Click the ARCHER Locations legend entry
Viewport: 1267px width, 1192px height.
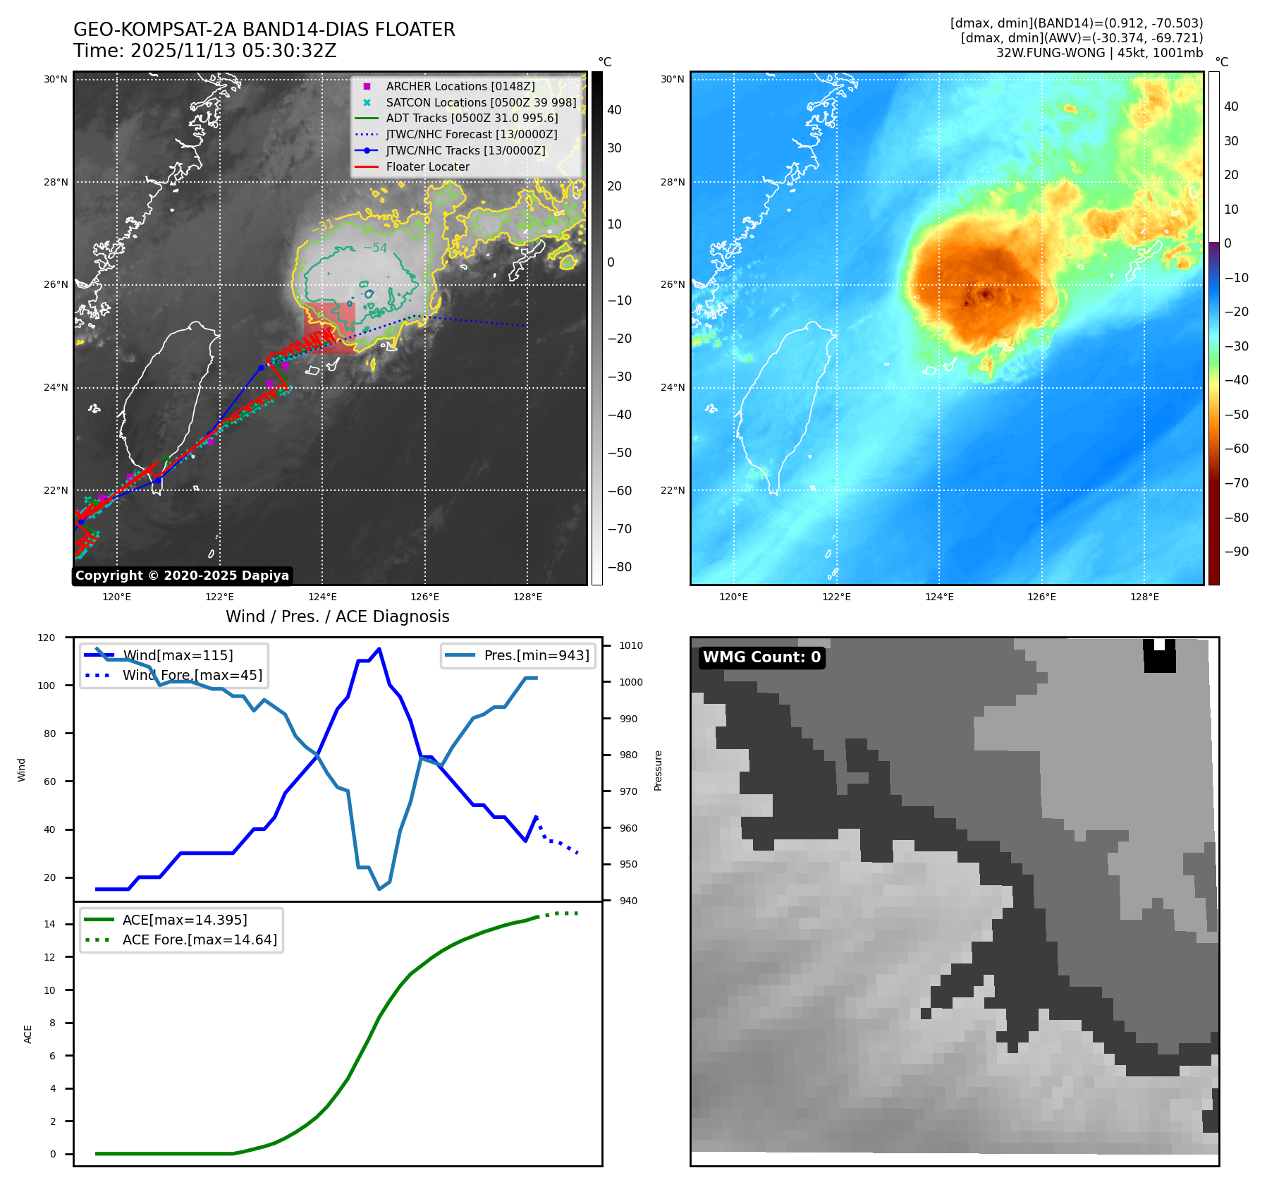pos(460,86)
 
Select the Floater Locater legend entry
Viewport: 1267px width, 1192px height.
pos(427,166)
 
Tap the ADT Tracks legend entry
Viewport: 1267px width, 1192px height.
pos(472,118)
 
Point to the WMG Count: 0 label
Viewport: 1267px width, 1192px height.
pos(761,657)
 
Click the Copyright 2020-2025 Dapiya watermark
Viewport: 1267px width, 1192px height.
pos(182,576)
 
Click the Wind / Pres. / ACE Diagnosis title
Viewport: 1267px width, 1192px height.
pos(337,616)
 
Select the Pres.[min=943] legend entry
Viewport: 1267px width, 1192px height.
pos(536,655)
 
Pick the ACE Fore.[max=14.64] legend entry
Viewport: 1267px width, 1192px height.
pos(200,939)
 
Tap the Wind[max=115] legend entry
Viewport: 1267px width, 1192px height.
pos(177,655)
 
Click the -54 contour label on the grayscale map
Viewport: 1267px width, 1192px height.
pos(375,248)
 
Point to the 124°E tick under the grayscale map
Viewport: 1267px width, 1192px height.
pos(322,597)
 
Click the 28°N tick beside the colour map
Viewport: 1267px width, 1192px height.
pos(672,182)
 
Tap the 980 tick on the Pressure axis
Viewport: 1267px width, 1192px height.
pos(628,755)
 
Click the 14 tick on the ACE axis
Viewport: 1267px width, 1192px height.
pos(49,924)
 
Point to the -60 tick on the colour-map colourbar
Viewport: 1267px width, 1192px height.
pos(1236,449)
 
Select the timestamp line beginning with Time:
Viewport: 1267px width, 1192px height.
pos(204,51)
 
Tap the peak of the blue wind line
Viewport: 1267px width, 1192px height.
pos(379,649)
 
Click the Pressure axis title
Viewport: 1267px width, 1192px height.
pos(658,770)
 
